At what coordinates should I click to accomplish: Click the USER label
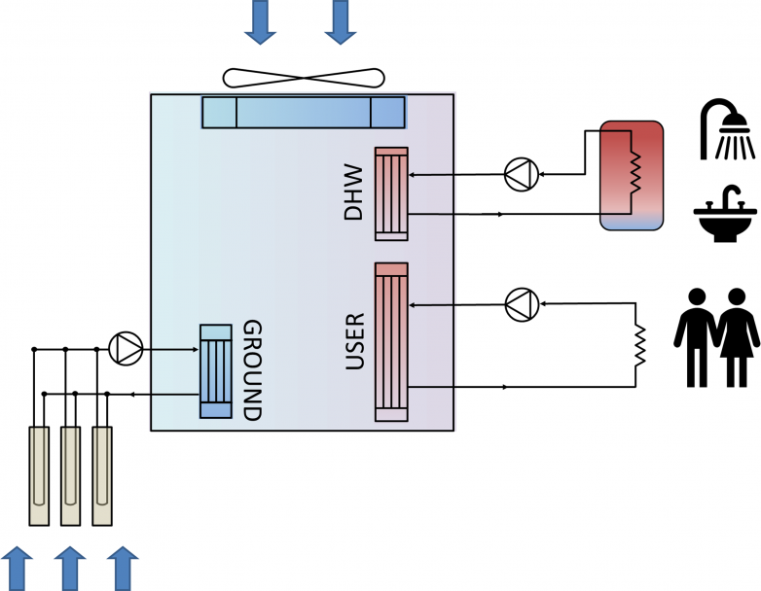point(356,341)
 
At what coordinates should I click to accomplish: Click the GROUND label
point(251,369)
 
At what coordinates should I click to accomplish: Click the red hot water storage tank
point(632,175)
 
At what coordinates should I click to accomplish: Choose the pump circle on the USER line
point(522,304)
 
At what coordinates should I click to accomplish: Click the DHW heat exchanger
point(391,192)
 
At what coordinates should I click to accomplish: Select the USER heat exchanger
point(391,342)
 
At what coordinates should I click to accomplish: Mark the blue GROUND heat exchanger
point(216,371)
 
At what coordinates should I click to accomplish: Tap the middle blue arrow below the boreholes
point(70,568)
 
